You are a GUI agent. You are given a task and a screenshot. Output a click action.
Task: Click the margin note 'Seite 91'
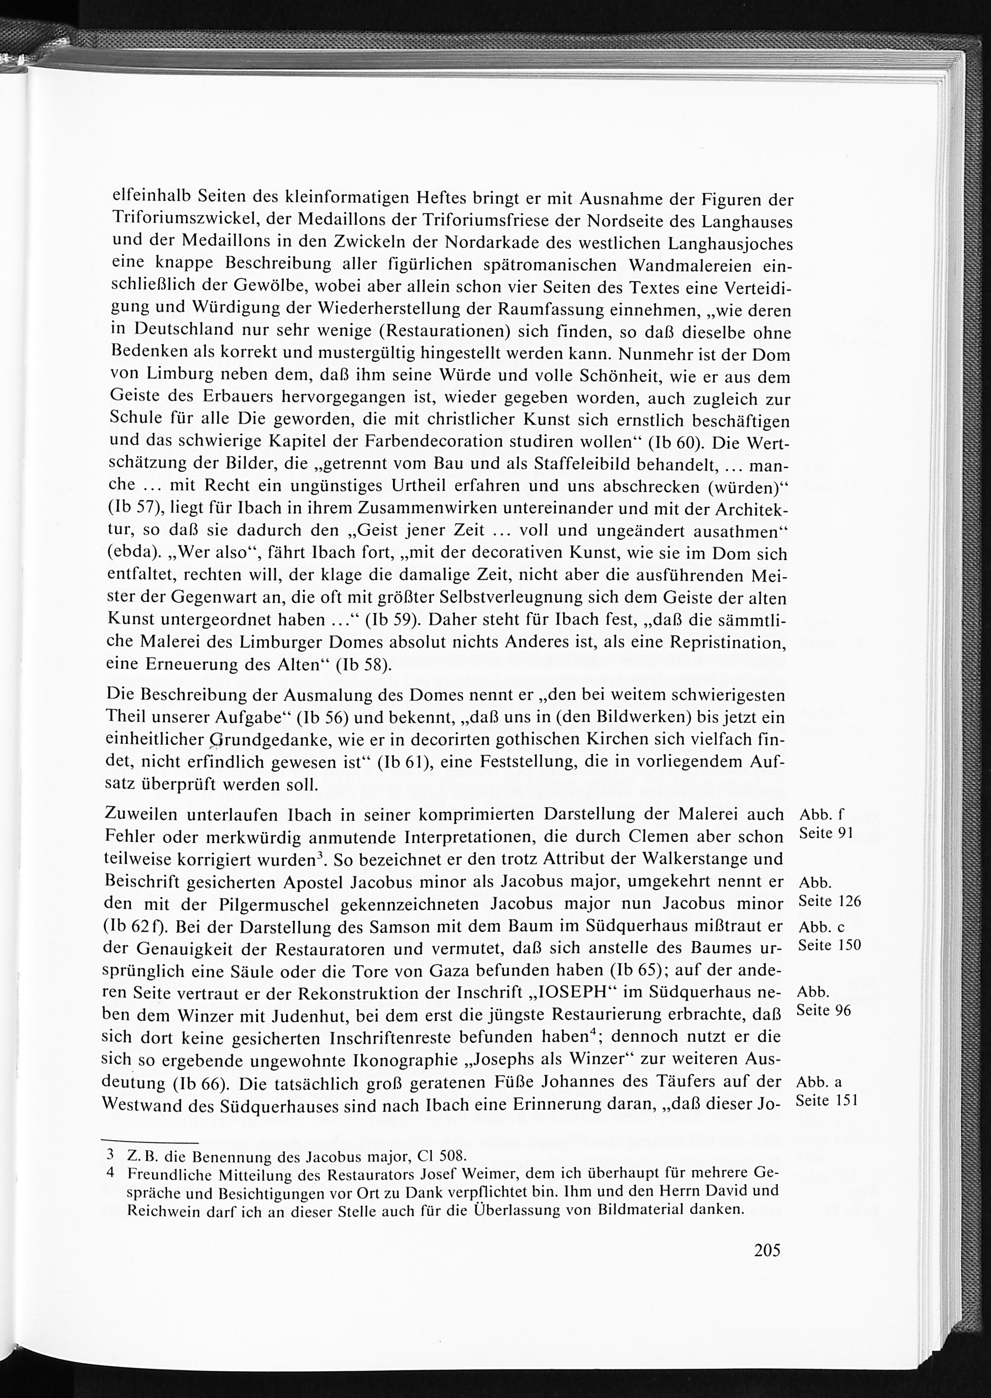click(x=825, y=834)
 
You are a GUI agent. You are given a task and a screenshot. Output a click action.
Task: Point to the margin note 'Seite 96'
click(x=824, y=1010)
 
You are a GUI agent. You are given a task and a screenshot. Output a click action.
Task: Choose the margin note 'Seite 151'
click(x=827, y=1100)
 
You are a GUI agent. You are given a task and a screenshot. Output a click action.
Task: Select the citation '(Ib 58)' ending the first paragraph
click(x=363, y=665)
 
